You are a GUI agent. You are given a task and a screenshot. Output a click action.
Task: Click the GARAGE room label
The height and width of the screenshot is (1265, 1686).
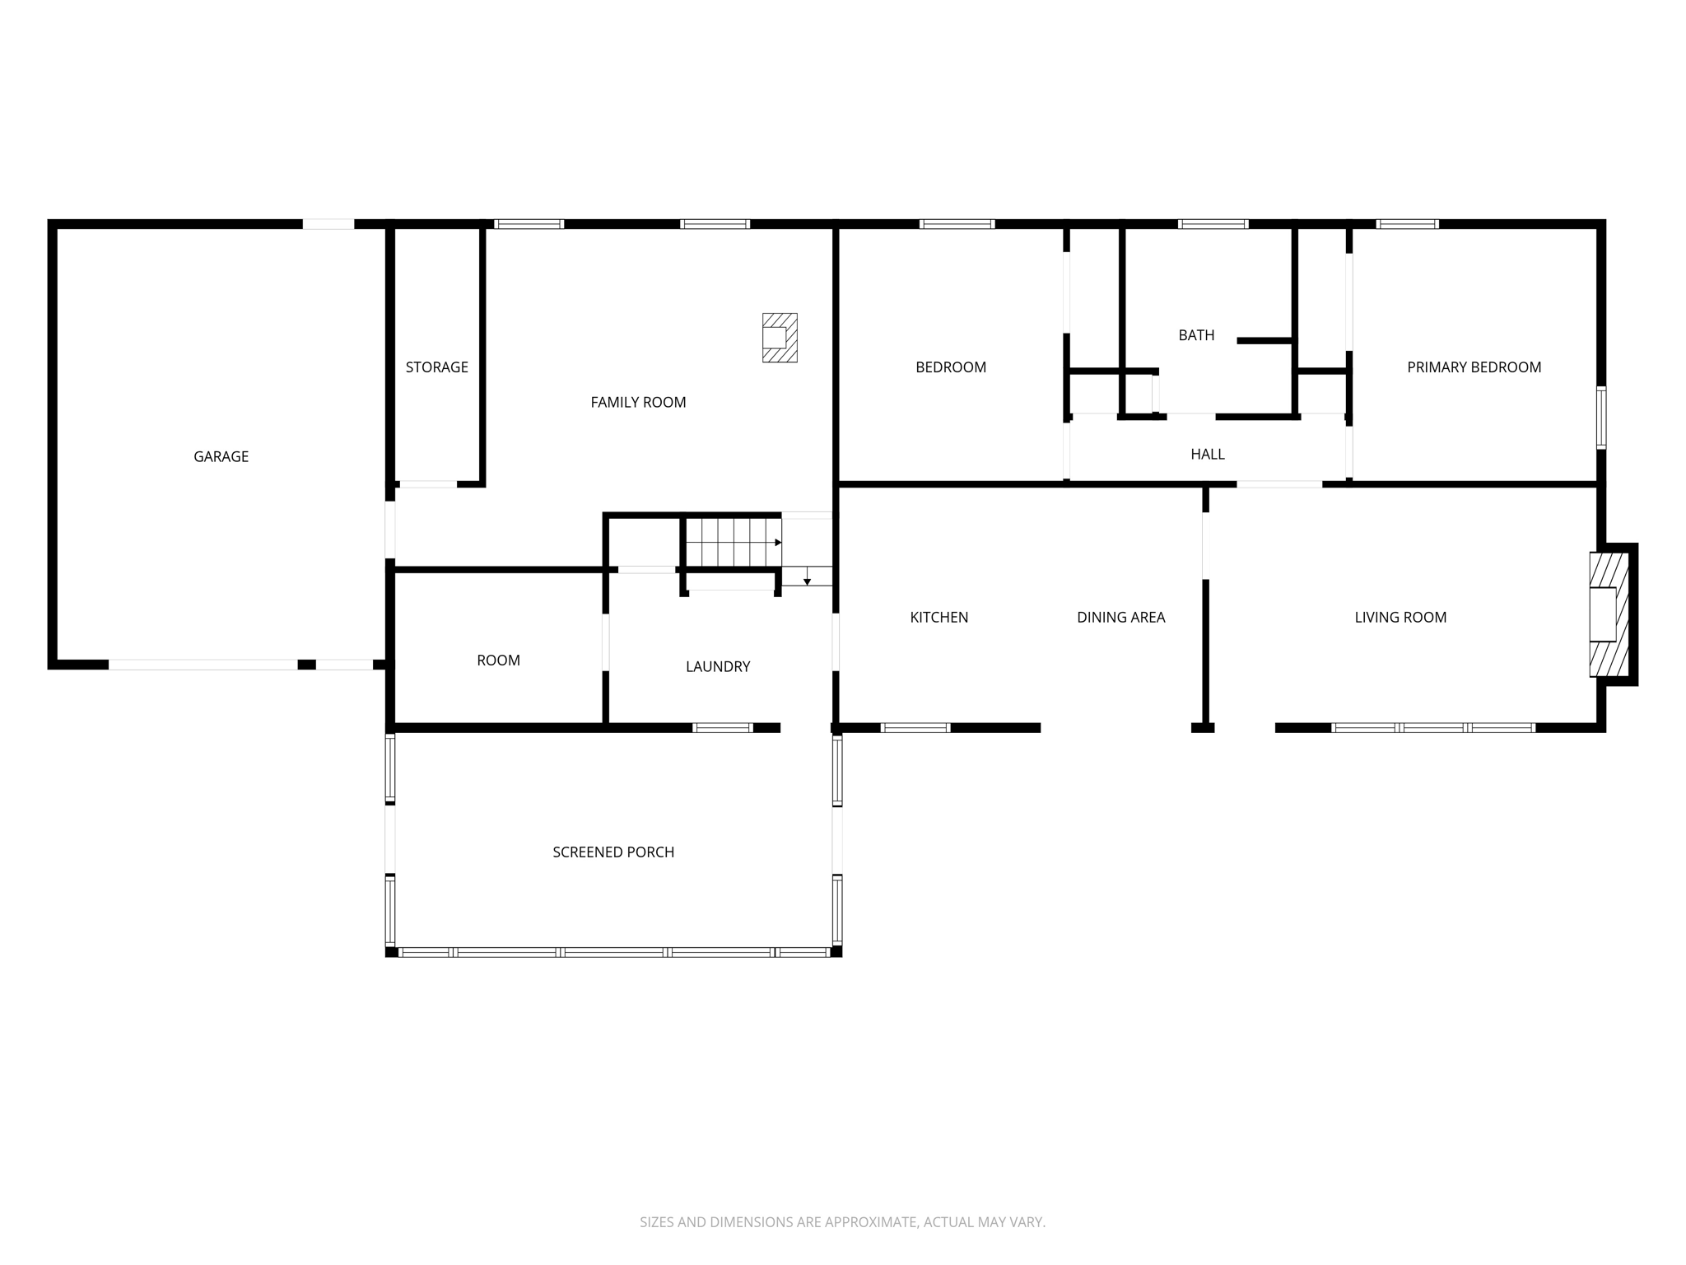[221, 456]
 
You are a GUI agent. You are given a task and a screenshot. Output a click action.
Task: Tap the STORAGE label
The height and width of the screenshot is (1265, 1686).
[436, 367]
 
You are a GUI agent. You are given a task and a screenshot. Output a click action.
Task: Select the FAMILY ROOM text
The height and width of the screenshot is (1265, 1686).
[638, 402]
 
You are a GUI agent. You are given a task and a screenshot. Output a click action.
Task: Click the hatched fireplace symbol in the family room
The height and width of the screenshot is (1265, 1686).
[779, 338]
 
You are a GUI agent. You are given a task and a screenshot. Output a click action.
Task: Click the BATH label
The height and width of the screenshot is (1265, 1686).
[1196, 335]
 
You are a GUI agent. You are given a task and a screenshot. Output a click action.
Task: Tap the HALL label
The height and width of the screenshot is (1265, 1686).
[1208, 454]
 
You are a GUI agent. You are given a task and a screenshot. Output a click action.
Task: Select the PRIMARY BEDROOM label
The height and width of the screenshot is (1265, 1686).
[1474, 367]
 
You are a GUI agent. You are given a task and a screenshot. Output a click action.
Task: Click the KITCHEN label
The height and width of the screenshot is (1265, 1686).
[938, 617]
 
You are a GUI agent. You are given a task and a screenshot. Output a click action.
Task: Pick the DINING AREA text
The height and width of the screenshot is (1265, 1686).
[1120, 617]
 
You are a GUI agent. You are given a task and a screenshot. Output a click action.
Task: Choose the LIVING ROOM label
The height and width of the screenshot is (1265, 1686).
[1400, 617]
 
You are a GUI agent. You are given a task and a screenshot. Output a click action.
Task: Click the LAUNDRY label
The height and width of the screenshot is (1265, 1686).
[718, 666]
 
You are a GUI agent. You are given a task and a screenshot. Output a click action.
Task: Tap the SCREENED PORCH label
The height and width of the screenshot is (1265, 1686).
[613, 852]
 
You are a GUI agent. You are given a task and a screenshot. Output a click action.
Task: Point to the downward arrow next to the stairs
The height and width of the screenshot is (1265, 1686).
[808, 576]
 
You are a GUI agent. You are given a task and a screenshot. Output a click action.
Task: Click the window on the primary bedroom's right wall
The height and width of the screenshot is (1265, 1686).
[1600, 418]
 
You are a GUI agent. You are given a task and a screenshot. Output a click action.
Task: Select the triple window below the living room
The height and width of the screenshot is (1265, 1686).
[1432, 728]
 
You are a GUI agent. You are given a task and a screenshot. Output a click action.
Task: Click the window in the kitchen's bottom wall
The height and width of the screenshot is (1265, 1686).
[915, 728]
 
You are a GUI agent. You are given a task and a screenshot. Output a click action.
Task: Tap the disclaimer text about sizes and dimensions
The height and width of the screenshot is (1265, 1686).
[842, 1222]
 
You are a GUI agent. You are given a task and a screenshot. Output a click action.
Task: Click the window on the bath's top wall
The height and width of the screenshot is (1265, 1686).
[1213, 224]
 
